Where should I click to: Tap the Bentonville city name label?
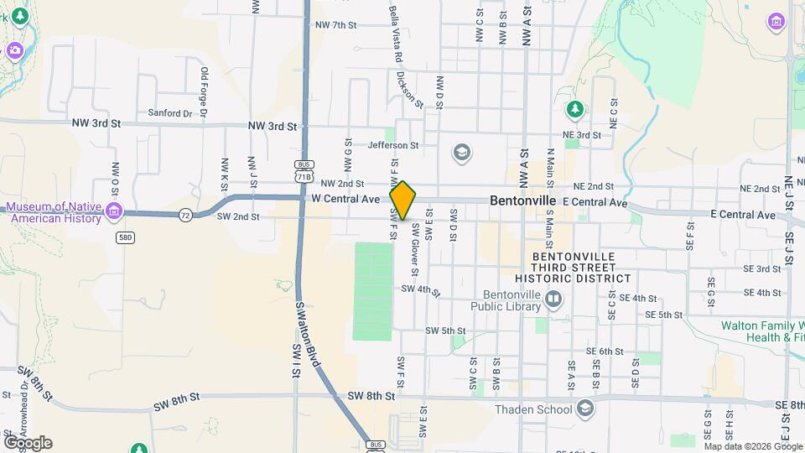coord(523,201)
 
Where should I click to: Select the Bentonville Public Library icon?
coord(553,299)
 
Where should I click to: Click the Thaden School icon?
coord(585,409)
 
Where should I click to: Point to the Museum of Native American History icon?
coord(115,210)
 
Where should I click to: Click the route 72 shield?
coord(184,216)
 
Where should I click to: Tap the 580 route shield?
coord(125,237)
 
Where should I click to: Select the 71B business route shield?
coord(304,172)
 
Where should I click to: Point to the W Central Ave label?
coord(345,200)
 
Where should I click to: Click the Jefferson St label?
coord(392,145)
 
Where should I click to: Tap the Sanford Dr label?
coord(164,112)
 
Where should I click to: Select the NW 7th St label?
coord(336,25)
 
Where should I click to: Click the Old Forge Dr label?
coord(204,93)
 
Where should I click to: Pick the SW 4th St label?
coord(421,289)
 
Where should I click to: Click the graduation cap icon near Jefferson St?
coord(460,153)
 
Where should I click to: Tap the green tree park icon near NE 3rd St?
coord(574,110)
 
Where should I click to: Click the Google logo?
coord(27,442)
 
